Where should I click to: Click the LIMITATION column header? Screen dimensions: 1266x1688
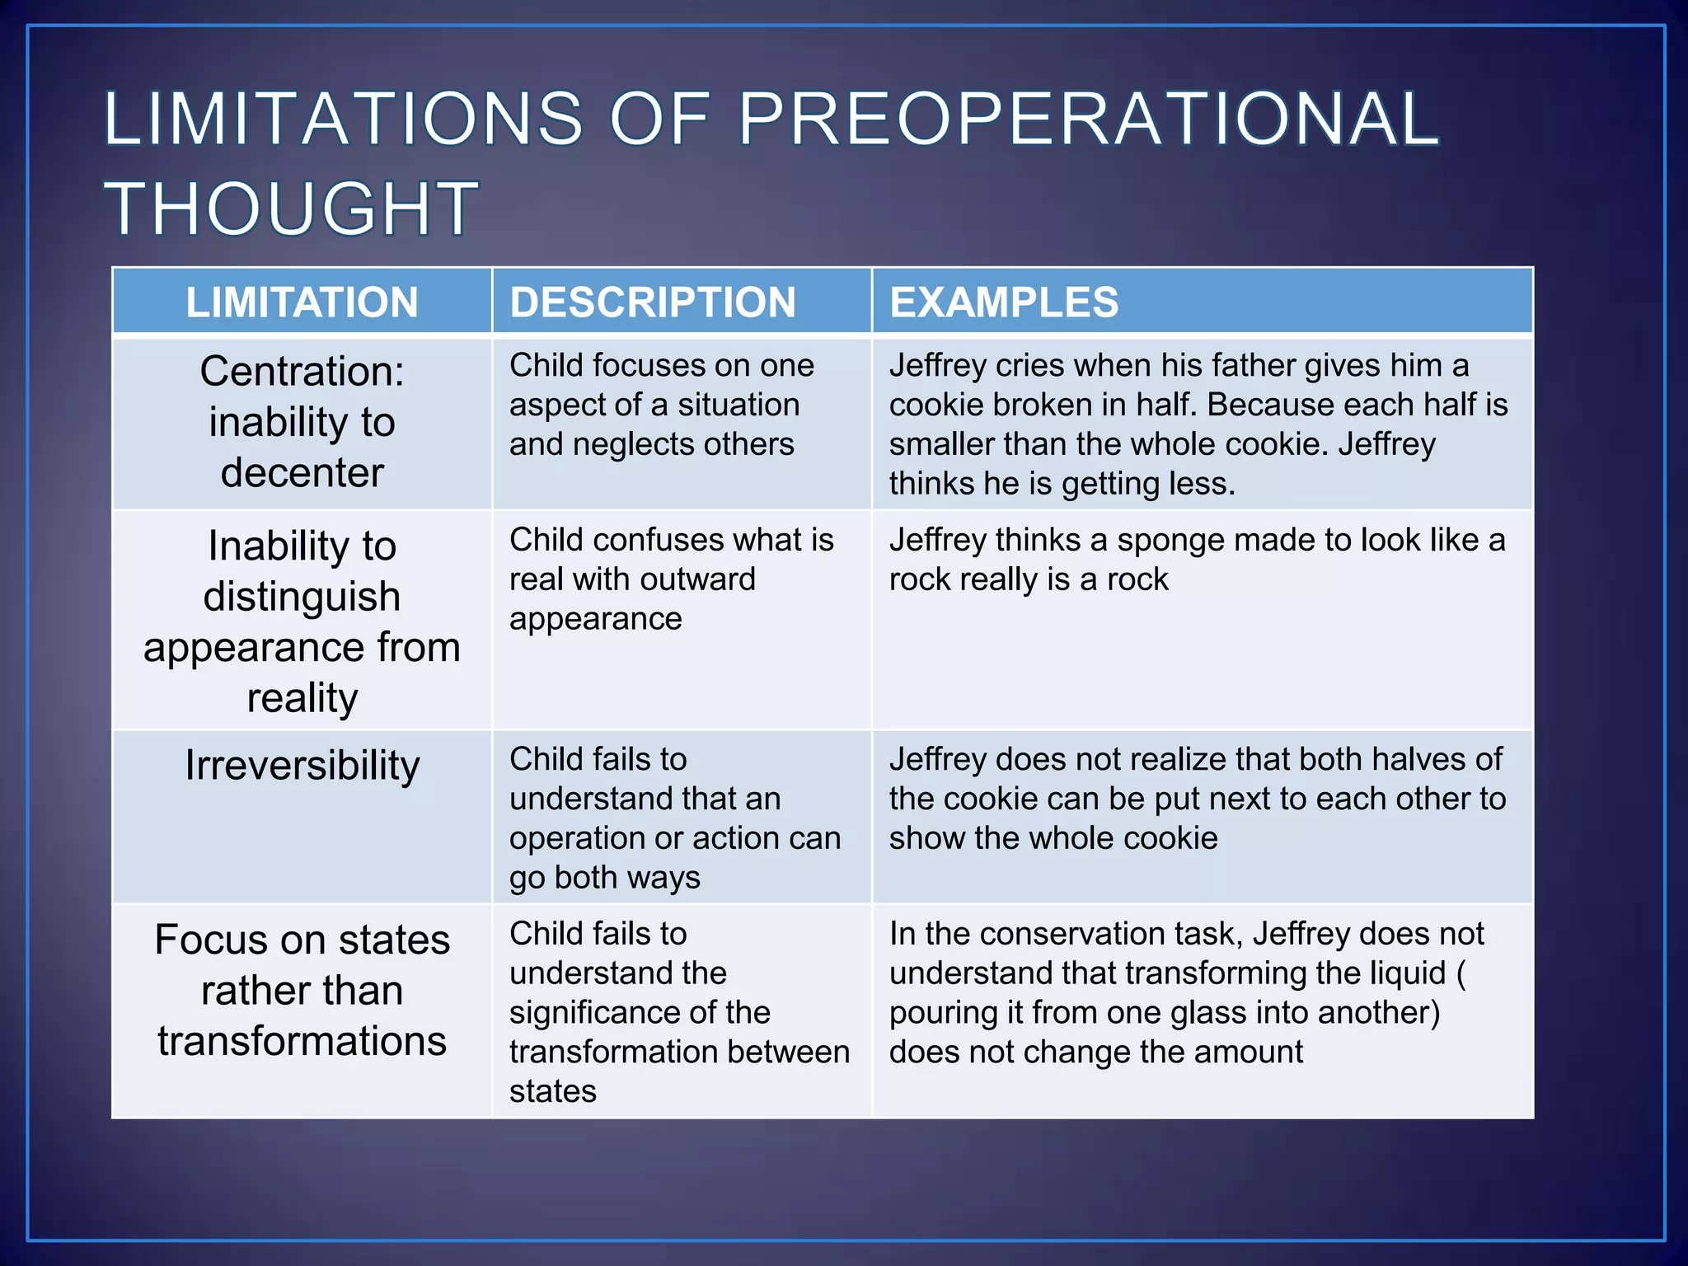coord(302,302)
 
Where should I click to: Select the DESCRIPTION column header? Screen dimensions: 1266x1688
coord(653,302)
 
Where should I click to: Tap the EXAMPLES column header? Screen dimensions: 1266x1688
coord(1004,302)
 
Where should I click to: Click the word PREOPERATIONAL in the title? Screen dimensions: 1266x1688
coord(1088,120)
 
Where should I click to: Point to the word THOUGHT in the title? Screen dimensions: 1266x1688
coord(290,209)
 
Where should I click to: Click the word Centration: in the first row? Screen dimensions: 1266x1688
coord(302,371)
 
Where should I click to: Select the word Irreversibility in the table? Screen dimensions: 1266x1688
coord(302,765)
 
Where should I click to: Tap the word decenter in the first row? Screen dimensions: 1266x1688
coord(302,472)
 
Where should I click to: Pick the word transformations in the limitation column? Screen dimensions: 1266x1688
coord(302,1041)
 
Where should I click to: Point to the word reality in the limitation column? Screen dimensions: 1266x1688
coord(302,698)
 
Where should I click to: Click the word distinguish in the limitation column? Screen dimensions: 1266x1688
coord(302,597)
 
